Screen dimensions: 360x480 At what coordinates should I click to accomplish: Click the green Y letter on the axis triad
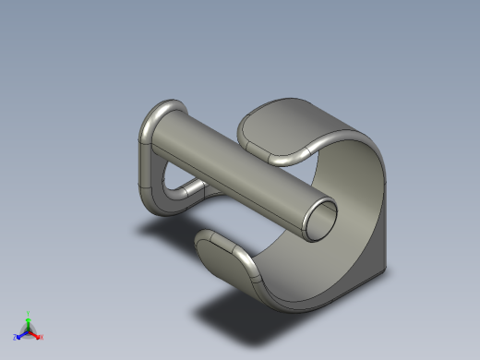coord(29,313)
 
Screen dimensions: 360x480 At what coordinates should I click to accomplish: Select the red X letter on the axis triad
coord(42,337)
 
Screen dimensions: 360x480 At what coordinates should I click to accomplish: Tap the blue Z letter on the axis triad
coord(16,338)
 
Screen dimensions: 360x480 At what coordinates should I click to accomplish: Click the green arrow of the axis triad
coord(29,322)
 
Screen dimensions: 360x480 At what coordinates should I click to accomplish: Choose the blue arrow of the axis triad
coord(22,333)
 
